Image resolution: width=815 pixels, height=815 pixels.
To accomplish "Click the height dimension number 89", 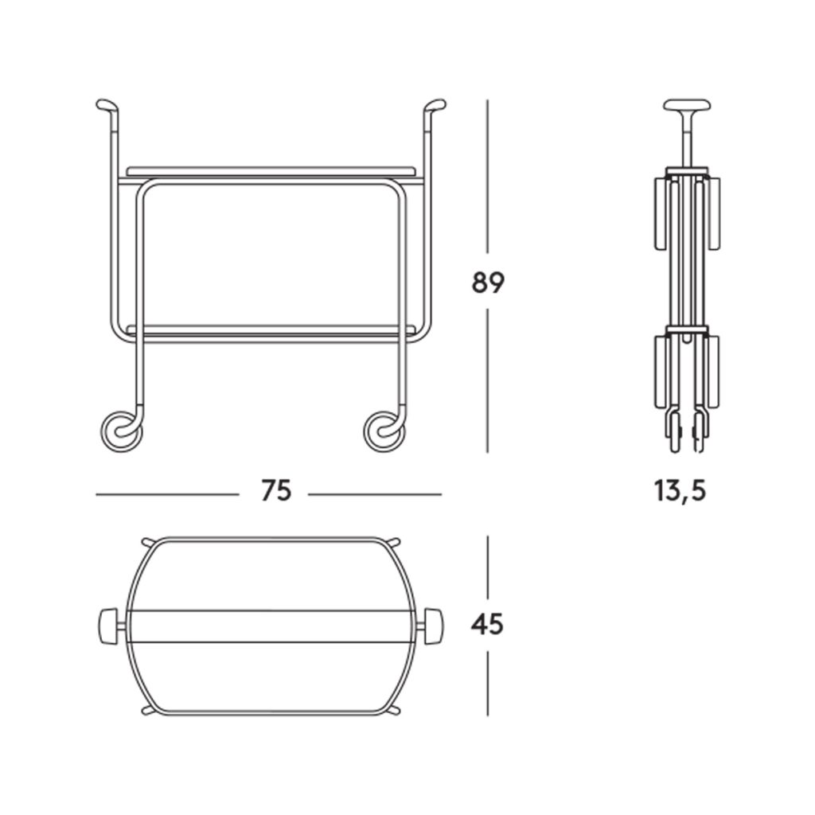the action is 488,283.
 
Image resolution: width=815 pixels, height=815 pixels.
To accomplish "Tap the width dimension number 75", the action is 276,490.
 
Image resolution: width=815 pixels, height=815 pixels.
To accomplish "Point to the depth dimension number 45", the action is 487,624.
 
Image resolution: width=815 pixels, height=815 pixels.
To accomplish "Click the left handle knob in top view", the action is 107,626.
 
